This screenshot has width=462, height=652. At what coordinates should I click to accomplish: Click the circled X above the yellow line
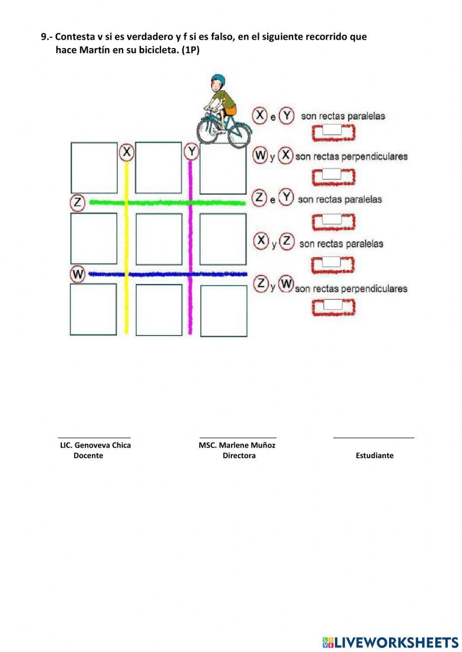(x=127, y=151)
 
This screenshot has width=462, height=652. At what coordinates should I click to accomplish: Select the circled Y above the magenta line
(x=191, y=151)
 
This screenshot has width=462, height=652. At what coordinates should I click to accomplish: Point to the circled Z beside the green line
(x=78, y=202)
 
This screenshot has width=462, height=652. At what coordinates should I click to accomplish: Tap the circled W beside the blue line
(x=78, y=274)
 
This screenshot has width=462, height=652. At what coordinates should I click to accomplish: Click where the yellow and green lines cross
(x=127, y=203)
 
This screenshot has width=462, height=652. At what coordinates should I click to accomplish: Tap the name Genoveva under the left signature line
(x=92, y=445)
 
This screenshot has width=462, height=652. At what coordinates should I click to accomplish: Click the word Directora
(x=239, y=455)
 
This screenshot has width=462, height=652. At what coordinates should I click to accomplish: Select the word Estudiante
(x=374, y=455)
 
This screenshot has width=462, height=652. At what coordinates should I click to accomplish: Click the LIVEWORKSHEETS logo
(x=390, y=642)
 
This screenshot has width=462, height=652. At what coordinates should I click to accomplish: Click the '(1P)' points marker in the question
(x=190, y=50)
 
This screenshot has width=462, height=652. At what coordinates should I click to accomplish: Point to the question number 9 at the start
(x=44, y=37)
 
